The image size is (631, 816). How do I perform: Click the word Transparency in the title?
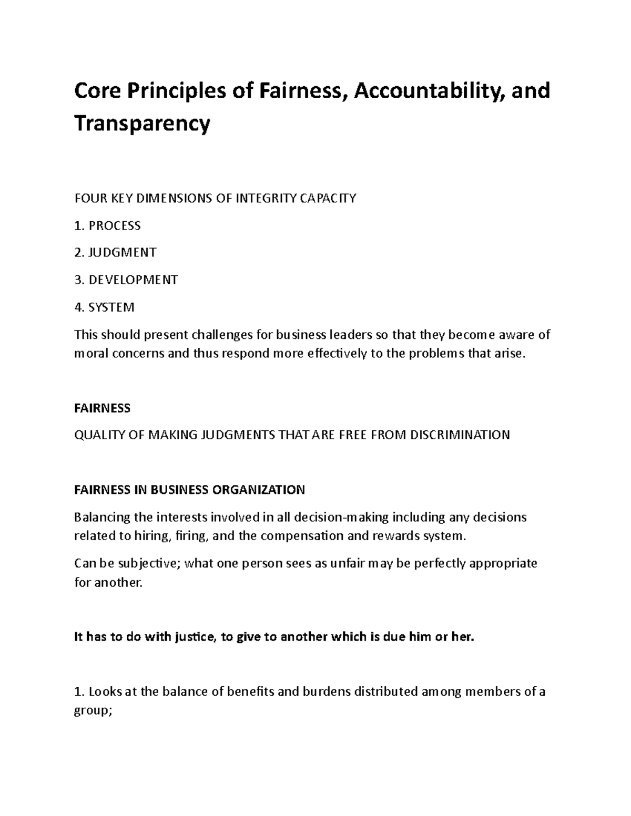(x=142, y=124)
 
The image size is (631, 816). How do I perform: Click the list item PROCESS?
(x=114, y=225)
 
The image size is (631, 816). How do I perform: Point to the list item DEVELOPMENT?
(x=133, y=280)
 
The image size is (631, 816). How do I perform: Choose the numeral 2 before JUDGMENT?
(x=78, y=253)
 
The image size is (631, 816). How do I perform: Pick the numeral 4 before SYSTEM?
(x=78, y=307)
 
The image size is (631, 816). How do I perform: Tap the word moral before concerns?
(x=91, y=354)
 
